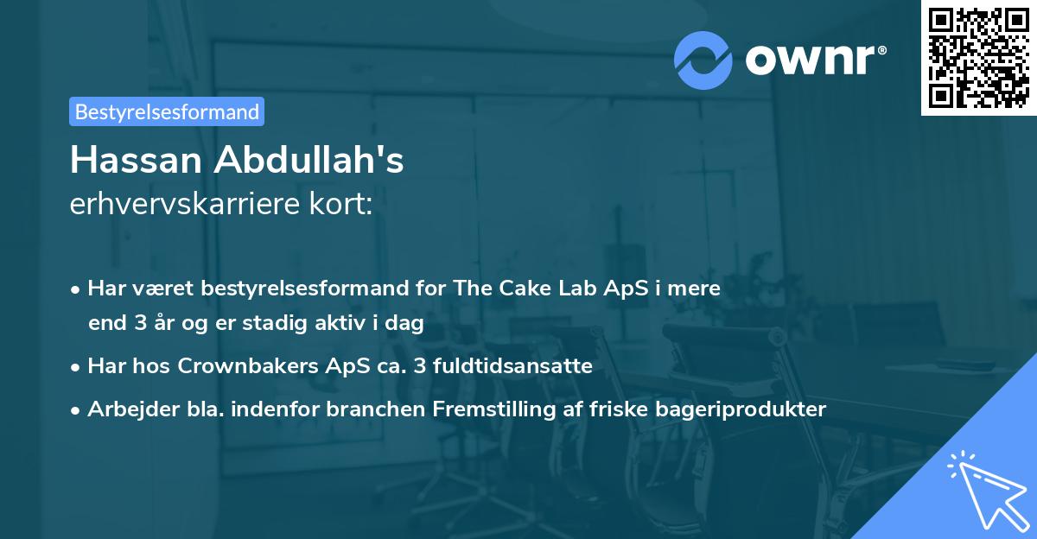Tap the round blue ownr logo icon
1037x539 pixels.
pyautogui.click(x=703, y=60)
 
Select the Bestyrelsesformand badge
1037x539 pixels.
pyautogui.click(x=167, y=111)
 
